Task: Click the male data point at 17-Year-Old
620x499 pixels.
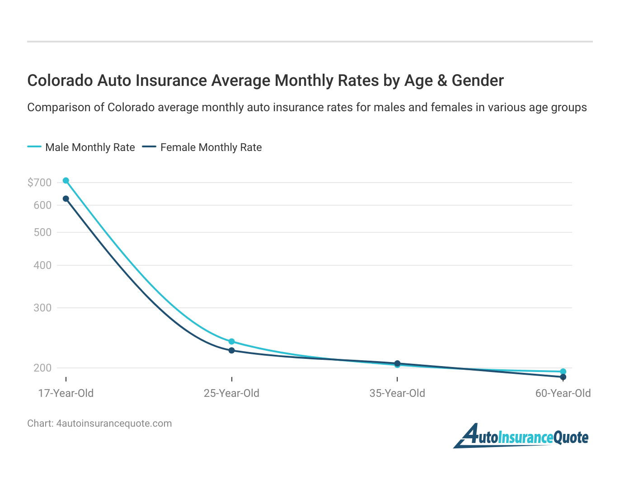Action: [66, 180]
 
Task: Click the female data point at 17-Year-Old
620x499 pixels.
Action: [66, 198]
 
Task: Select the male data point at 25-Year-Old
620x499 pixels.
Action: [232, 341]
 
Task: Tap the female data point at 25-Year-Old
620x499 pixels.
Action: [232, 350]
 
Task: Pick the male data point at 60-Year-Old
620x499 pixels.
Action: [563, 372]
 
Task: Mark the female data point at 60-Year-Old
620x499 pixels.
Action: [563, 377]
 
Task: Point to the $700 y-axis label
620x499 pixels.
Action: [39, 183]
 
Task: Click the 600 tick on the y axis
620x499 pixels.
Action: [42, 205]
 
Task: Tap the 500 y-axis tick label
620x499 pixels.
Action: [42, 232]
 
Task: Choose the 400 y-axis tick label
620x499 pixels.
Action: [42, 265]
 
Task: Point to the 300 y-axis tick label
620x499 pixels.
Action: [42, 308]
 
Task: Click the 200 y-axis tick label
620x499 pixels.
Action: [42, 368]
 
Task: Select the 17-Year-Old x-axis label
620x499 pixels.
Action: [66, 393]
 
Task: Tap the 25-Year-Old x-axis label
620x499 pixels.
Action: [232, 393]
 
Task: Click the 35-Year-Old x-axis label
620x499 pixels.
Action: [397, 393]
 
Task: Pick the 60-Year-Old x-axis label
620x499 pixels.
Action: [563, 393]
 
